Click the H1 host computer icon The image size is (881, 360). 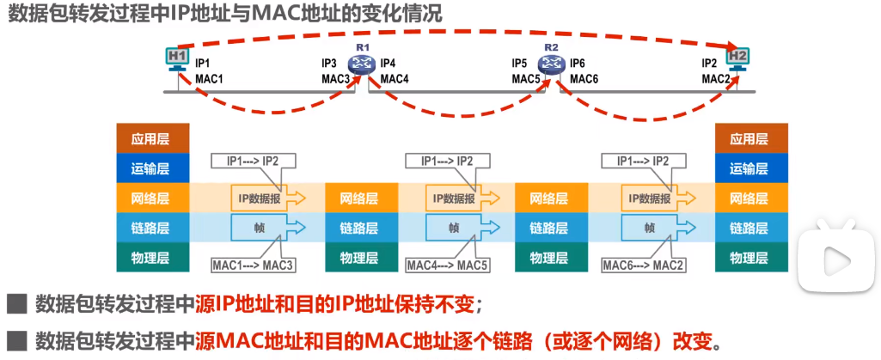click(177, 58)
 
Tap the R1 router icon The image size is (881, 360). click(359, 64)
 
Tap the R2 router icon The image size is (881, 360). click(550, 64)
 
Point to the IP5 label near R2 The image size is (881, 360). click(519, 64)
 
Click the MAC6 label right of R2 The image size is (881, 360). click(584, 79)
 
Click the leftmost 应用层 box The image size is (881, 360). click(151, 139)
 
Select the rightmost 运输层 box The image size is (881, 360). click(752, 168)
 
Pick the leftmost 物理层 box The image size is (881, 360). click(151, 257)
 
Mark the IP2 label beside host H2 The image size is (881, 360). click(709, 64)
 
